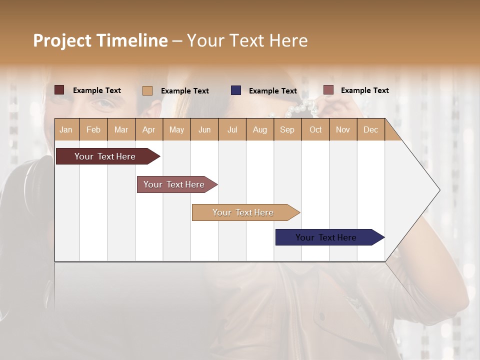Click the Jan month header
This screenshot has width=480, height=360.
click(66, 129)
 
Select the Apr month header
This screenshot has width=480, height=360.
click(148, 129)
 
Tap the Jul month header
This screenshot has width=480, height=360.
click(232, 129)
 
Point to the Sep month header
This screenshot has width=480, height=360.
click(287, 129)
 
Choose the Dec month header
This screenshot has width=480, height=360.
click(370, 129)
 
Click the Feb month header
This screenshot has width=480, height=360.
click(93, 129)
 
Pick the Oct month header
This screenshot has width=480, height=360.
click(315, 129)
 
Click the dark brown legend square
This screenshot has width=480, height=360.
click(59, 90)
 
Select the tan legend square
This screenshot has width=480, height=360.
click(147, 90)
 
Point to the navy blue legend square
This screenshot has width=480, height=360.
click(236, 90)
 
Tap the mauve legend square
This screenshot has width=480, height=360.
click(328, 90)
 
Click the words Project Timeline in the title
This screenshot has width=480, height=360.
click(100, 40)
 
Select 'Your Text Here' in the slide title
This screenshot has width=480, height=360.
click(247, 40)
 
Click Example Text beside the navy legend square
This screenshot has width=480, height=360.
click(272, 90)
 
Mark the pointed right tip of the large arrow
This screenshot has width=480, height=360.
click(439, 190)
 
